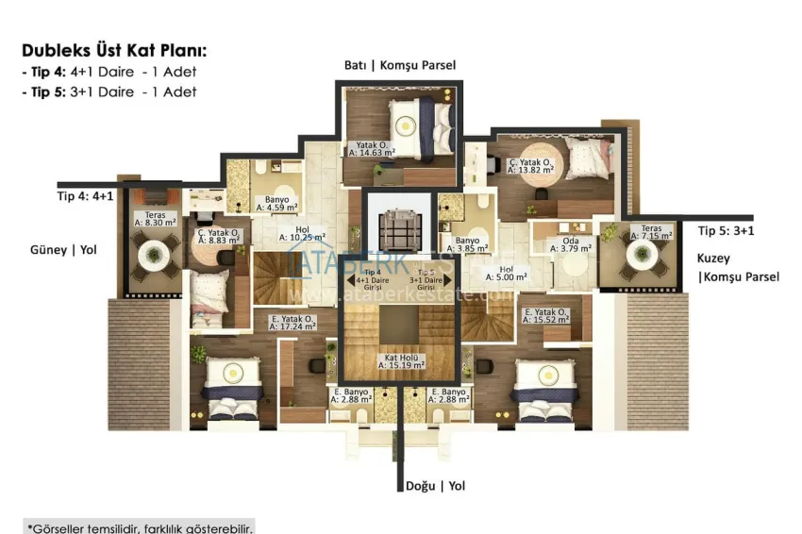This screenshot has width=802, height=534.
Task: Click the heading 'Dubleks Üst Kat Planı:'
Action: (113, 51)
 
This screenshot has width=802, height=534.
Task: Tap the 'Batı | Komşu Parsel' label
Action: (399, 65)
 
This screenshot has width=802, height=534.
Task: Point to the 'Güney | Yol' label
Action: (62, 250)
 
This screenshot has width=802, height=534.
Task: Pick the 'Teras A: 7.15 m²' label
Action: (654, 231)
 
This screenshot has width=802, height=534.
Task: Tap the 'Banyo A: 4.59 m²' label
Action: (276, 203)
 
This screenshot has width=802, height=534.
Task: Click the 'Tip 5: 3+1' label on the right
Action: (726, 230)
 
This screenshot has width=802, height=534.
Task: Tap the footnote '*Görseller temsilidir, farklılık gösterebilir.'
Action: (140, 526)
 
